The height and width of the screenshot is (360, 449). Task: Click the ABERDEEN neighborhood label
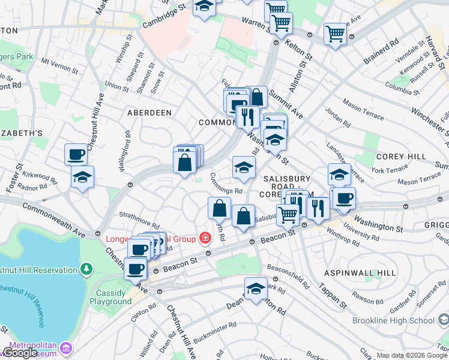(149, 113)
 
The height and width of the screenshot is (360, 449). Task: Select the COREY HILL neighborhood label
(401, 157)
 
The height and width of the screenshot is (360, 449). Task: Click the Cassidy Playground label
(110, 298)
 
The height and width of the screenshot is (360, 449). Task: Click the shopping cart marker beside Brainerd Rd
(335, 32)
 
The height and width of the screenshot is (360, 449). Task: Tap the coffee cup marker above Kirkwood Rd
(76, 154)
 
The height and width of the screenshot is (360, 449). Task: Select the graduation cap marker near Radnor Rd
(82, 176)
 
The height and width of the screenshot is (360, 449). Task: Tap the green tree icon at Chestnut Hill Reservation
(87, 268)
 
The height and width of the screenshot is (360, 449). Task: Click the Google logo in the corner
(20, 353)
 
